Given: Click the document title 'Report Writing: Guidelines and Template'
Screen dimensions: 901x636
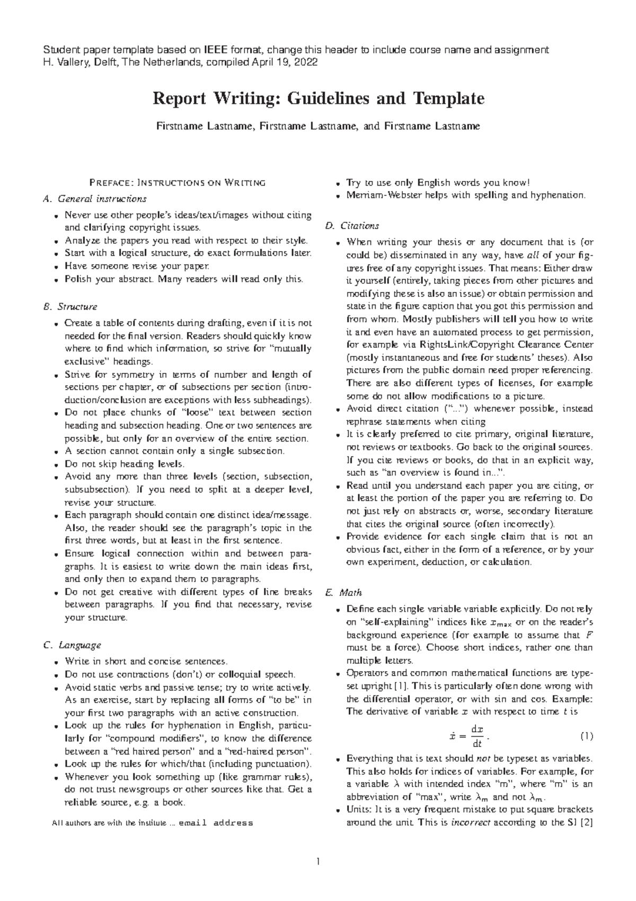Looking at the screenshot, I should coord(318,99).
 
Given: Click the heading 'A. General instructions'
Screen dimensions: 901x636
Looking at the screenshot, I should coord(94,199).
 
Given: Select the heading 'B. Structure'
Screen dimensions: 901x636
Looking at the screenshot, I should coord(70,307).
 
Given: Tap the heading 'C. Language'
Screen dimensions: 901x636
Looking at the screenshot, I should coord(72,645).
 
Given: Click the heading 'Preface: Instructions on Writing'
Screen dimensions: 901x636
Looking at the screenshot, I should coord(178,183).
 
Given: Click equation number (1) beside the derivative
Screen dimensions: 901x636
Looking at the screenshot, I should coord(586,737).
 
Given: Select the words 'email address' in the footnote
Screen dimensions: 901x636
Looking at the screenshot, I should coord(216,824).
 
